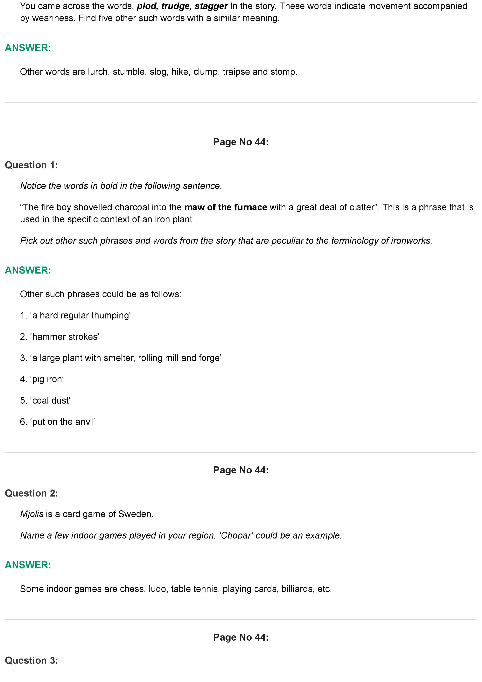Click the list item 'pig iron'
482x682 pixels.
pos(47,379)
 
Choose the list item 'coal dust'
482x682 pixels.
pos(51,401)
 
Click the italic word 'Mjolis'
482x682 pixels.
pos(32,514)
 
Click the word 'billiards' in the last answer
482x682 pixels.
pos(298,589)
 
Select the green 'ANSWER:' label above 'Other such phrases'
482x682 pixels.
pos(28,270)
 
